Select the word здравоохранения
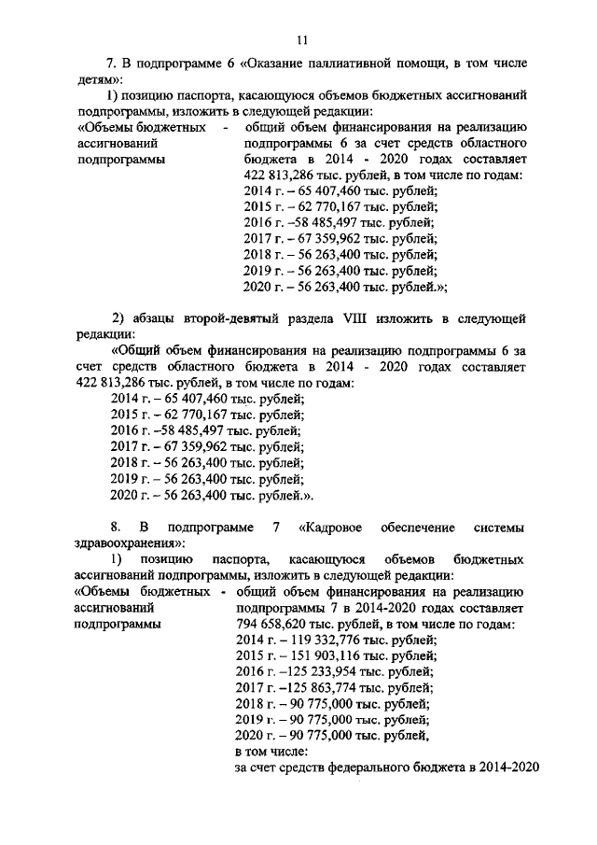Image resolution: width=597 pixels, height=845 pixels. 121,543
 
